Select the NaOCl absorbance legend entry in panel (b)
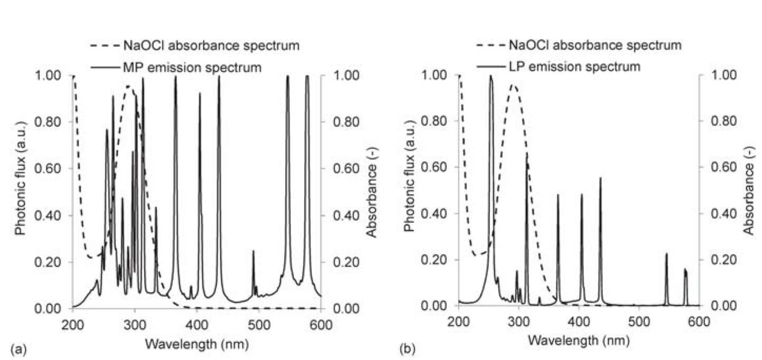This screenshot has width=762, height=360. pyautogui.click(x=595, y=45)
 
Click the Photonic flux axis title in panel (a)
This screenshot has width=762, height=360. pyautogui.click(x=20, y=191)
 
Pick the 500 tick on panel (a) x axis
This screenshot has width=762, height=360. pyautogui.click(x=259, y=323)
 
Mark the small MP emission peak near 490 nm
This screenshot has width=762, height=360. pyautogui.click(x=253, y=251)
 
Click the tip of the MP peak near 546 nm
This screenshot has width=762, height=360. pyautogui.click(x=288, y=76)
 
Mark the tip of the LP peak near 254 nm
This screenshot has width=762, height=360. pyautogui.click(x=491, y=76)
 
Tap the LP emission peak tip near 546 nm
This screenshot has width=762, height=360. pyautogui.click(x=666, y=254)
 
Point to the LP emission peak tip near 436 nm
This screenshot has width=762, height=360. pyautogui.click(x=600, y=178)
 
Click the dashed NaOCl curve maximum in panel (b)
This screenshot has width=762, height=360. pyautogui.click(x=513, y=84)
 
